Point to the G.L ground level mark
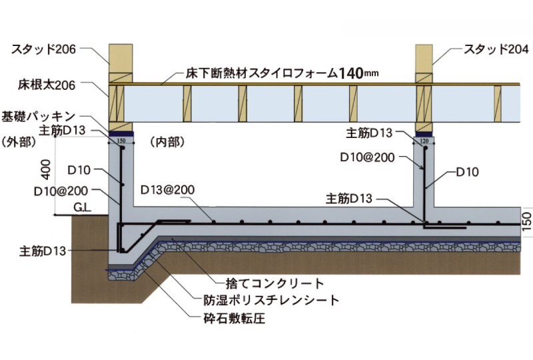(83, 208)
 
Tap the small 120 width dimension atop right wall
(424, 141)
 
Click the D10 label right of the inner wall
(468, 171)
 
